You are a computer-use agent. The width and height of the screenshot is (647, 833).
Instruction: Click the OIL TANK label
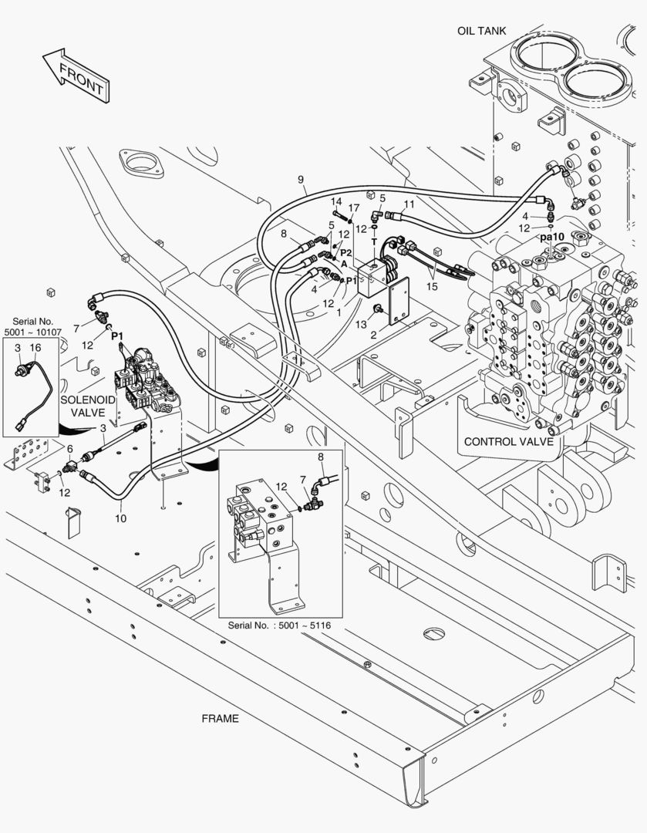[481, 31]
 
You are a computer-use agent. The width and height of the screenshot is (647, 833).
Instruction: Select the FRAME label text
[220, 718]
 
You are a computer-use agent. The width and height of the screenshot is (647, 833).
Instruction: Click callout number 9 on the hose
[301, 180]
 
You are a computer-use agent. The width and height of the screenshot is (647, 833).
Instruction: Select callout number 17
[353, 208]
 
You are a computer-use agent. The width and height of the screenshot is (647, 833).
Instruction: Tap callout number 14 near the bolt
[336, 202]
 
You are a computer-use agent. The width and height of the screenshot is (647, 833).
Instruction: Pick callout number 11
[409, 204]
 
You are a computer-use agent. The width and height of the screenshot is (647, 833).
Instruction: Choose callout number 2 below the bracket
[374, 336]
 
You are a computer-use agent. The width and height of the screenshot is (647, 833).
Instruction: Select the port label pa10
[552, 237]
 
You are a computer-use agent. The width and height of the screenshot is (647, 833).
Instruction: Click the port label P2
[346, 252]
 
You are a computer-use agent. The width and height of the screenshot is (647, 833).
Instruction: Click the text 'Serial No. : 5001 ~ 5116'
[279, 624]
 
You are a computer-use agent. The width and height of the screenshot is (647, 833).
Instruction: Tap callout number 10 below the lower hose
[121, 518]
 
